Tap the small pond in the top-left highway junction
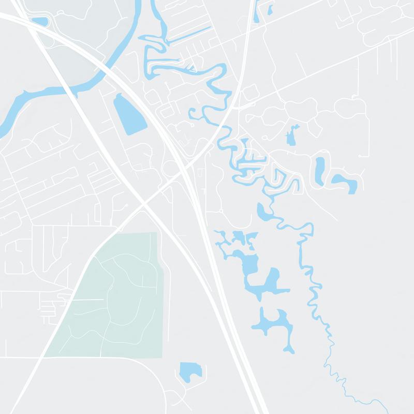coord(39,22)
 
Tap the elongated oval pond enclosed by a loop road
coord(320,170)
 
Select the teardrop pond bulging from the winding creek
coord(264,211)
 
